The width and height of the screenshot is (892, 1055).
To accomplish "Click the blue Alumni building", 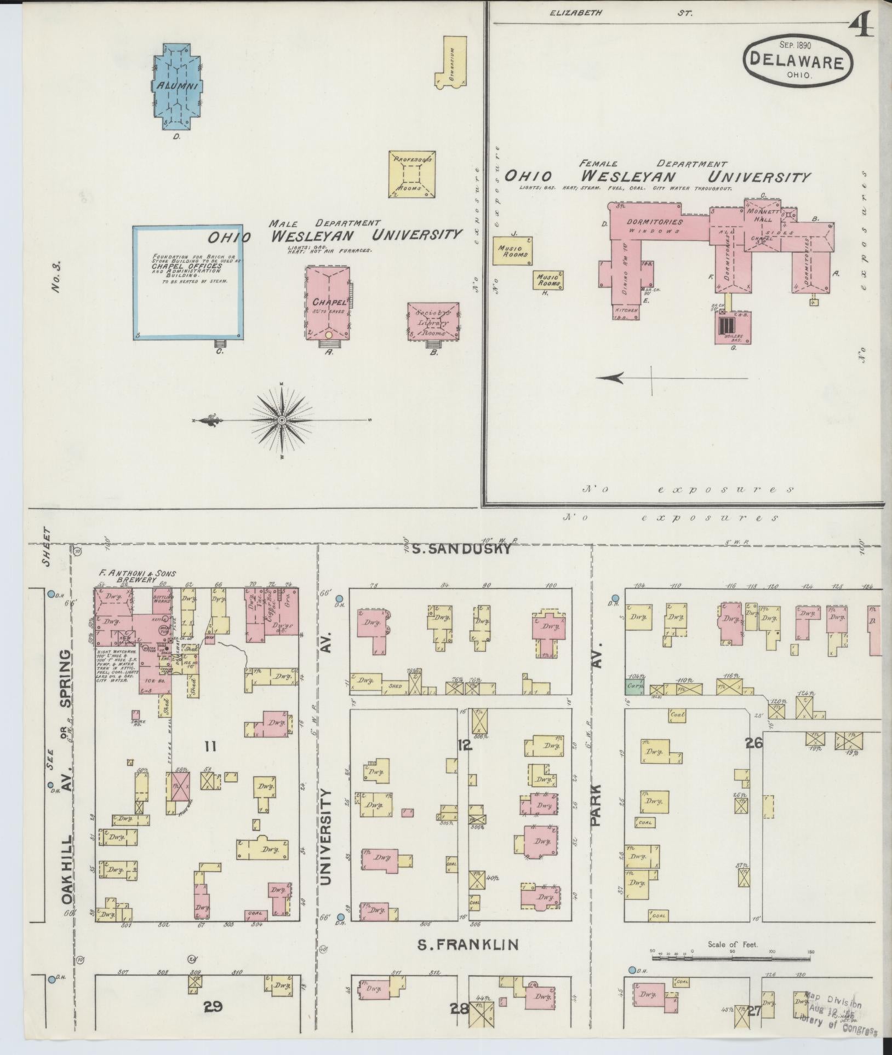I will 176,87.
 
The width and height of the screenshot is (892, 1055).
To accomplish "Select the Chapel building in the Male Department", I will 328,303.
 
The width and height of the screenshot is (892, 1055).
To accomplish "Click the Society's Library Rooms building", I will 433,322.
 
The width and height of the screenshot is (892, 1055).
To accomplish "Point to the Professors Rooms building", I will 412,174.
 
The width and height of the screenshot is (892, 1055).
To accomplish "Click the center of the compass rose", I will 282,420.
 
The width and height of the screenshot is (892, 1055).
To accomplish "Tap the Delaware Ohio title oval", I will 797,61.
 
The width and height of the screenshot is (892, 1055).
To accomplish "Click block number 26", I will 754,743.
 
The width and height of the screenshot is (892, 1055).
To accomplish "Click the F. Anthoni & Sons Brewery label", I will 137,576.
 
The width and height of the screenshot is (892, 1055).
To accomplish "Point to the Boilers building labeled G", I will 733,328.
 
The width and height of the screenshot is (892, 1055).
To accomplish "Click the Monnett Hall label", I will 759,215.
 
